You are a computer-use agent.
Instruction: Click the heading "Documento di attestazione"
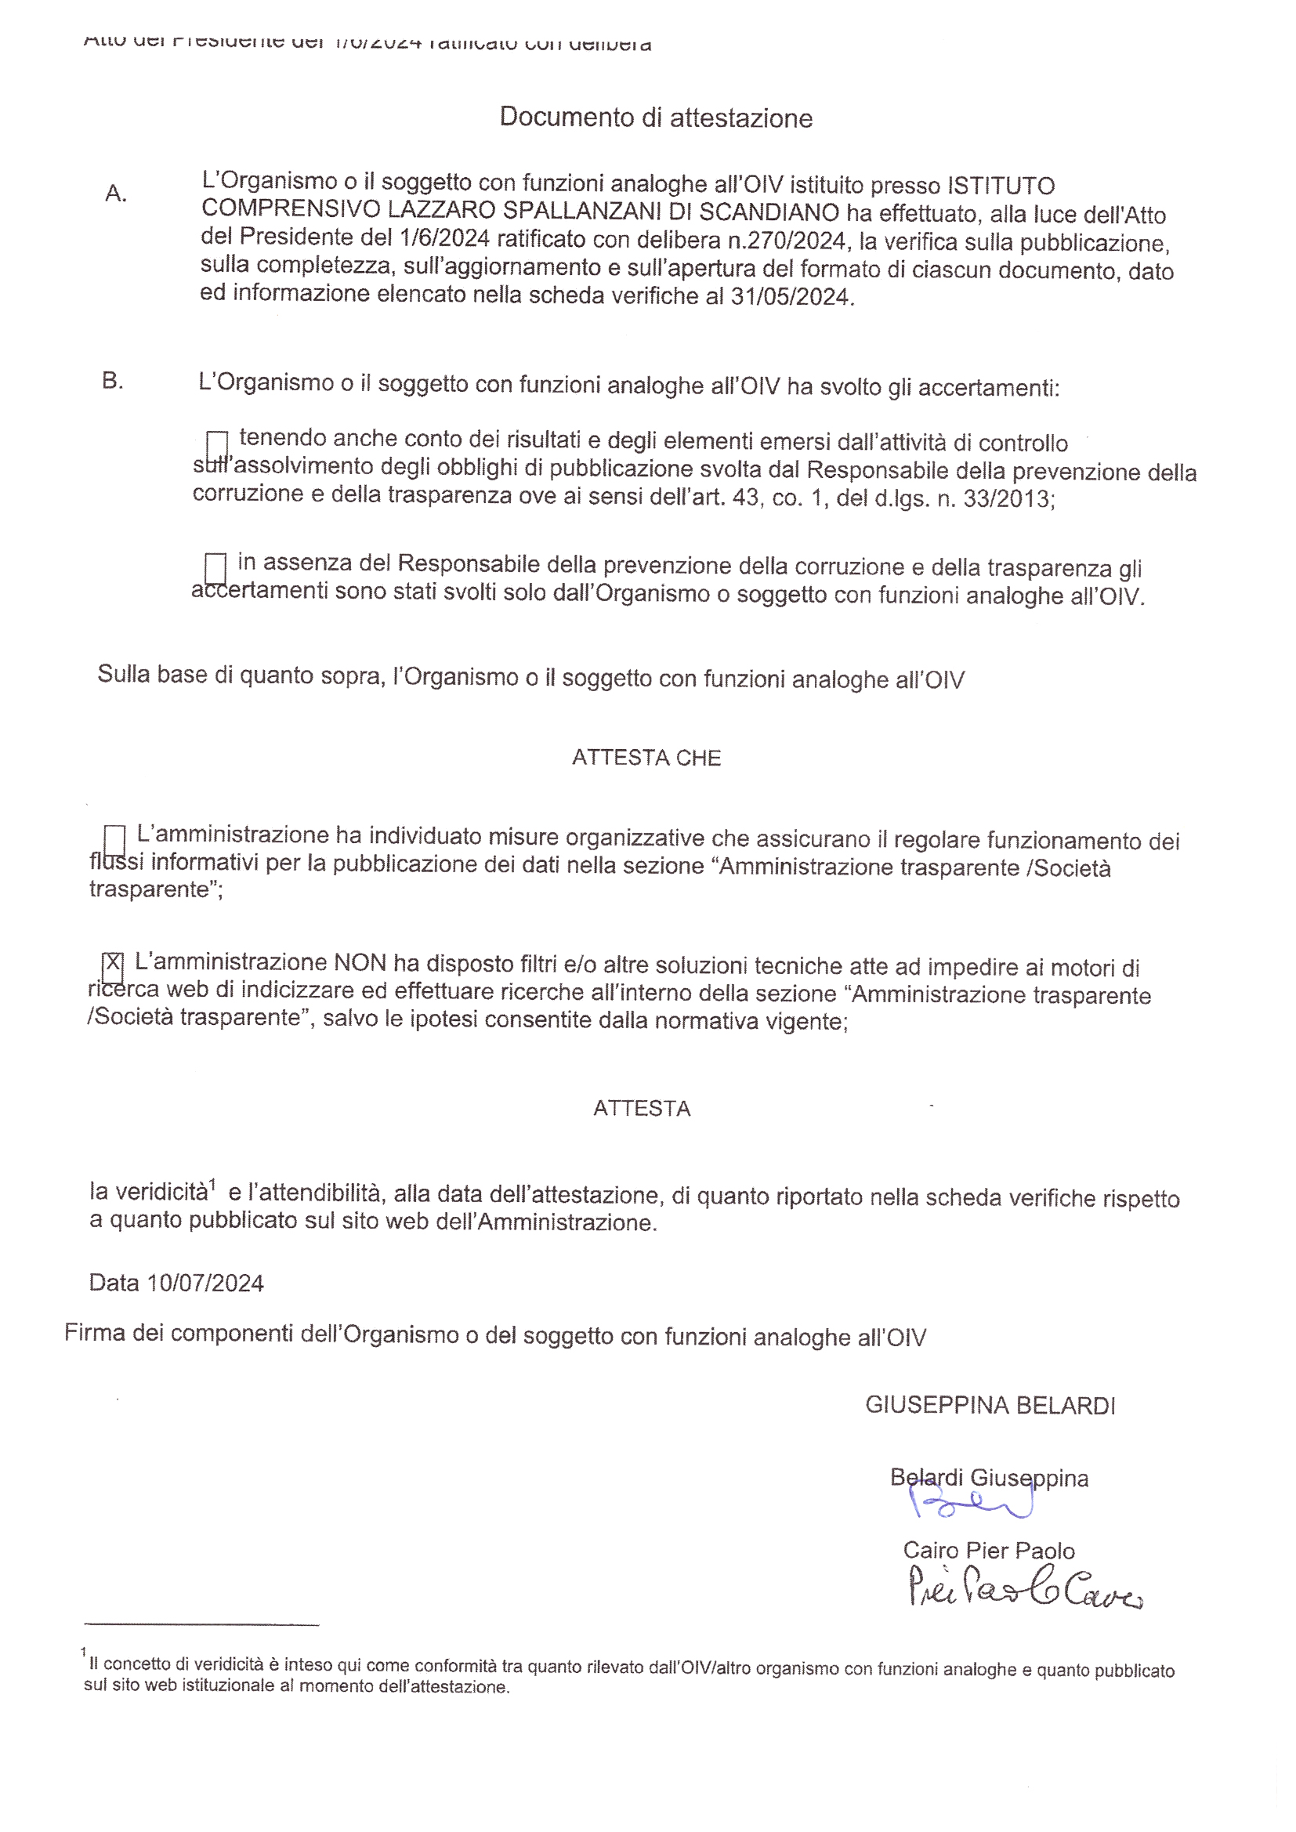tap(655, 118)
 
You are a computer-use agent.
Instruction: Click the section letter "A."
tap(116, 193)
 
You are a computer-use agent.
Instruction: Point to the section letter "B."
tap(113, 381)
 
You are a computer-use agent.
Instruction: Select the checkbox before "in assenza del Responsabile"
tap(215, 568)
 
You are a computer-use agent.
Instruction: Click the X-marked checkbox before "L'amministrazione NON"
tap(113, 967)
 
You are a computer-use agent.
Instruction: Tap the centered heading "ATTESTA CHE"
tap(646, 757)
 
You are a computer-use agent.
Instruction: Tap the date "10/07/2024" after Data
tap(205, 1283)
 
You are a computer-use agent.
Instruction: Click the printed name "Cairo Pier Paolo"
tap(989, 1551)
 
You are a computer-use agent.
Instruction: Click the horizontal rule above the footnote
tap(201, 1624)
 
